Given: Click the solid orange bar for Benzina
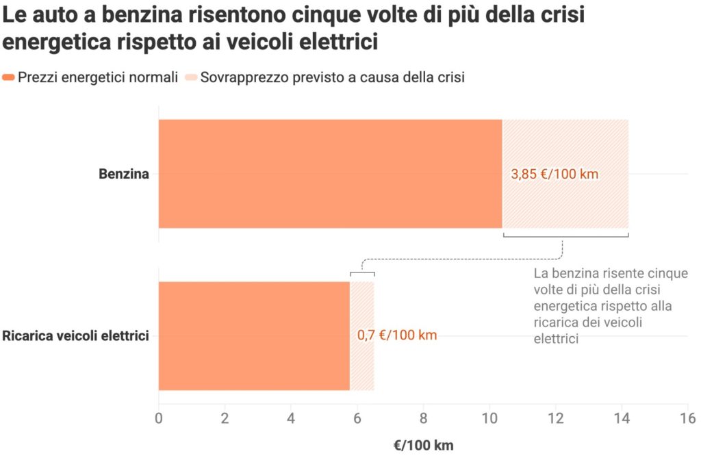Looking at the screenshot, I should (x=330, y=174).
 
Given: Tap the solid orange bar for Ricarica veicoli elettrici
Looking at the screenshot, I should (x=254, y=335).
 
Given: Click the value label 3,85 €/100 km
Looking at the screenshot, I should (x=555, y=174).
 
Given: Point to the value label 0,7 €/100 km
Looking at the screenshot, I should (x=397, y=335).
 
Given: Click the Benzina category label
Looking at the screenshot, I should (x=124, y=174).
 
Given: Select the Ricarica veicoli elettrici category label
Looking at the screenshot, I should (x=76, y=336).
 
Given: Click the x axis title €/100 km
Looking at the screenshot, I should (x=423, y=445).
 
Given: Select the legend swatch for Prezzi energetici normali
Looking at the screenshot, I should (x=9, y=77).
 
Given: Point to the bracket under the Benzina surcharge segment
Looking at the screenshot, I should (x=565, y=237).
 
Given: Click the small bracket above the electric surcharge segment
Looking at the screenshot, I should (x=362, y=273).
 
